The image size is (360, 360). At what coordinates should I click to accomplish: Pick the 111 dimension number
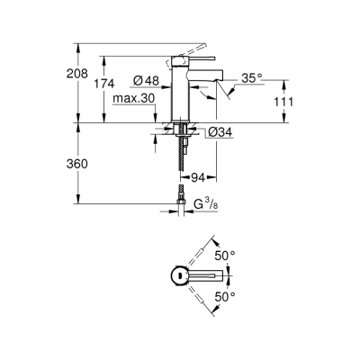[x=283, y=102]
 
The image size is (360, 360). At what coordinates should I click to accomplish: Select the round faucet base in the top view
[x=179, y=275]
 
